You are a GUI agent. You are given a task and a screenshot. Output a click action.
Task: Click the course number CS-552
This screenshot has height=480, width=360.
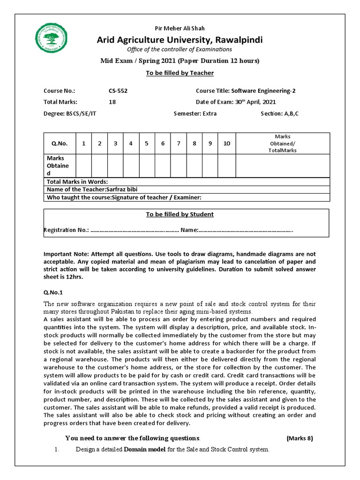tap(118, 91)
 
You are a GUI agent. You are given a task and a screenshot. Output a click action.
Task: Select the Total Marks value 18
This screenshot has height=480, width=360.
tap(112, 102)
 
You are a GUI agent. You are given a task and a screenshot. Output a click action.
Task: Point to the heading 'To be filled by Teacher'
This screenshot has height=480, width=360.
tap(180, 73)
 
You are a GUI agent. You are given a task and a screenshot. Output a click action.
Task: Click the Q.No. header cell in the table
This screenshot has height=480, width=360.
tap(60, 143)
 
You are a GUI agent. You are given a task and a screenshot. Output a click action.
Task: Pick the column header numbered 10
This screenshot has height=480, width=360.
tap(226, 143)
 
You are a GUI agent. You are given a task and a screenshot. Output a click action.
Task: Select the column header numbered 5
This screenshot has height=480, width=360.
tap(147, 143)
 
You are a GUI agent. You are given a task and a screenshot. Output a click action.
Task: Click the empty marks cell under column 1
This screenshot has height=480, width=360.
tap(83, 166)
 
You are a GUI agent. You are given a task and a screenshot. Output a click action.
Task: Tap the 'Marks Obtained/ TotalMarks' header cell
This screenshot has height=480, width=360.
tap(282, 143)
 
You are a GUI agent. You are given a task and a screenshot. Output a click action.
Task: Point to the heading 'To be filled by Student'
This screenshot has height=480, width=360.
tap(180, 214)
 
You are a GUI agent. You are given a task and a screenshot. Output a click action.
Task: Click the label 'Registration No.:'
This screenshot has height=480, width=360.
tap(66, 230)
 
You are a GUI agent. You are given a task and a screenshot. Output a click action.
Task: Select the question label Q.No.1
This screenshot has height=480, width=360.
tap(53, 292)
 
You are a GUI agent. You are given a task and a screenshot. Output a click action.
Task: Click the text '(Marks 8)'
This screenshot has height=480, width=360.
tap(299, 438)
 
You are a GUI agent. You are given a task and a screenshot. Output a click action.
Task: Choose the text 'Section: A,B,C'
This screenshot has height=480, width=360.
tap(279, 113)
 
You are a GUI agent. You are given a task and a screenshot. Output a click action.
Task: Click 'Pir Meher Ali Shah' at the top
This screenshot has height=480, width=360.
tap(180, 29)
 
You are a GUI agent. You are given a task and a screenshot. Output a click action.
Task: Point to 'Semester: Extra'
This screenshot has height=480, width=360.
tap(195, 113)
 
